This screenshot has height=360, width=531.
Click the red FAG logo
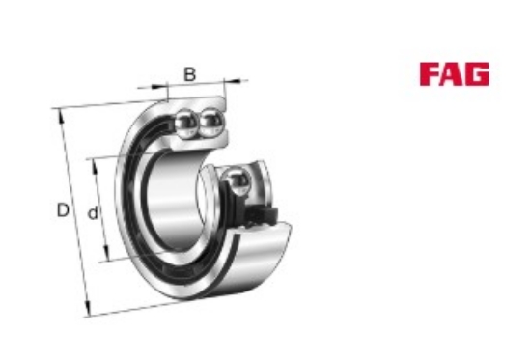coord(454,74)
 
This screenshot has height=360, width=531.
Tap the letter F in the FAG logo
coord(430,74)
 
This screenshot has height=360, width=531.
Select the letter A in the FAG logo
coord(453,74)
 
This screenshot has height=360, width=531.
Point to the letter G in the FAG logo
coord(478,74)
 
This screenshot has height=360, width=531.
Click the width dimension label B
coord(189,74)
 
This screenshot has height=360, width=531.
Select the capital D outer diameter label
coord(63,210)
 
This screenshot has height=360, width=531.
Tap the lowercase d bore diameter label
coord(93,212)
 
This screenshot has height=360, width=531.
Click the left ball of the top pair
coord(186,123)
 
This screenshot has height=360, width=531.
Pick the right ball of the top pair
coord(210,122)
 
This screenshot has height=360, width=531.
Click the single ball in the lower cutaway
coord(238,181)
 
